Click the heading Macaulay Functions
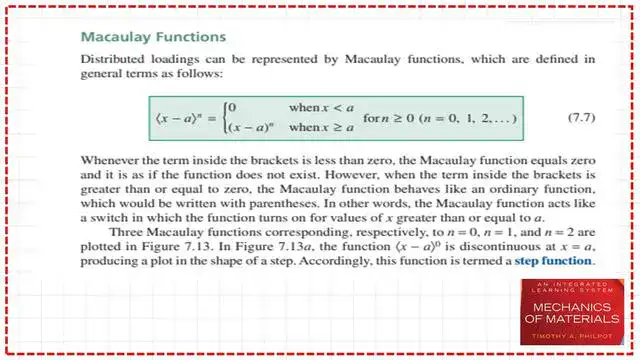[x=153, y=37]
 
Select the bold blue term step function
[x=554, y=262]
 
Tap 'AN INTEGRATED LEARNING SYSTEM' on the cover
[x=559, y=290]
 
